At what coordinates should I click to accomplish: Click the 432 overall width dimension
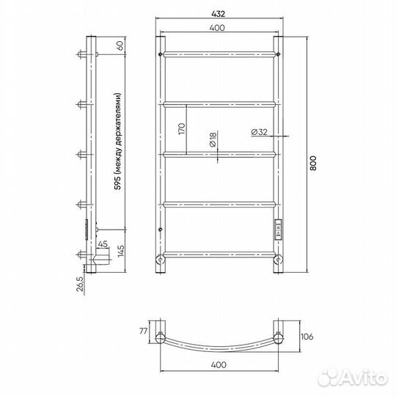[x=219, y=14]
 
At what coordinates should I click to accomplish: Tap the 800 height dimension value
[x=312, y=163]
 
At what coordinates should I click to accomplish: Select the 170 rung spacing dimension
[x=182, y=129]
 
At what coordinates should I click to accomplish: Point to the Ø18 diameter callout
[x=213, y=139]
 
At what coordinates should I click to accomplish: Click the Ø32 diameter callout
[x=260, y=132]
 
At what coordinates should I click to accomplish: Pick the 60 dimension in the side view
[x=120, y=45]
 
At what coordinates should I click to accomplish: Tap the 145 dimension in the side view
[x=121, y=251]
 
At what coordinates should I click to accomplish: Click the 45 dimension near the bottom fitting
[x=103, y=244]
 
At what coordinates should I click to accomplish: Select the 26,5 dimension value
[x=79, y=284]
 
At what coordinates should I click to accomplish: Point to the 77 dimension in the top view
[x=143, y=331]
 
